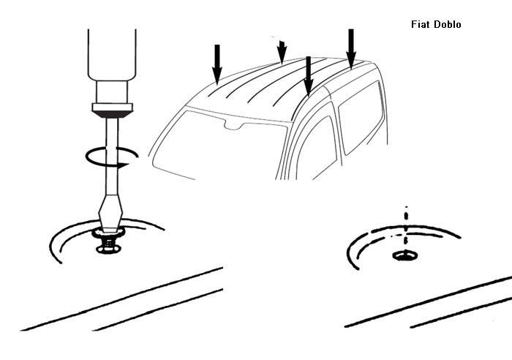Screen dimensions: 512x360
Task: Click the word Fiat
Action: pos(421,24)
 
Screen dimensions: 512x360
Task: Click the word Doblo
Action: pos(448,24)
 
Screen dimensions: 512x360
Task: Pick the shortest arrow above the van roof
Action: pos(282,51)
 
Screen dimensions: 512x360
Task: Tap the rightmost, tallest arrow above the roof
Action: pos(351,48)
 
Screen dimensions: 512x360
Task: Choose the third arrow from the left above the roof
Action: pos(308,75)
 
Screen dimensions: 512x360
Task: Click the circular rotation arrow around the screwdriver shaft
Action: pos(112,157)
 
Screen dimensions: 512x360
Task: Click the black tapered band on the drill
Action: pos(113,114)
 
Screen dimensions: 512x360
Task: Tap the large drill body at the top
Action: pos(112,55)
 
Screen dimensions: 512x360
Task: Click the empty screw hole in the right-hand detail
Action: pos(405,255)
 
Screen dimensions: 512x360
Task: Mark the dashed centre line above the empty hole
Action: pos(406,225)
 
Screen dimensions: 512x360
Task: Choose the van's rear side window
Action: pos(361,119)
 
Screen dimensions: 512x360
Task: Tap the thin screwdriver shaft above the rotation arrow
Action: pos(113,132)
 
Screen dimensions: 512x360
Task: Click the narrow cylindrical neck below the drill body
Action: pos(112,92)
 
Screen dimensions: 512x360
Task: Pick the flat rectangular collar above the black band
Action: pos(113,107)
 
